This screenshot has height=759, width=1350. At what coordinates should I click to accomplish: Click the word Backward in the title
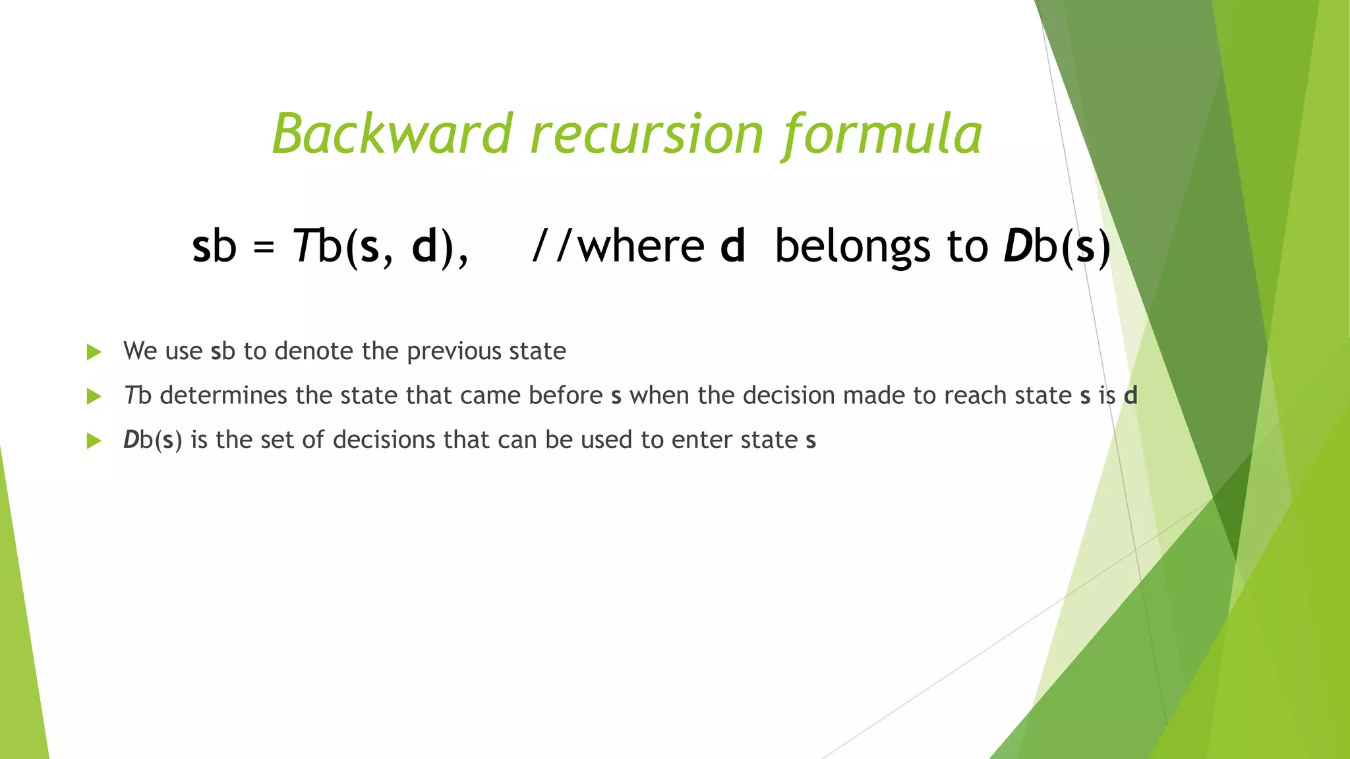pos(393,134)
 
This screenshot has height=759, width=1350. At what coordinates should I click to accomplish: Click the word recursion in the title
pos(647,134)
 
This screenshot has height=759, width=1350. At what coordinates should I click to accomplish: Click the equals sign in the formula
pos(264,248)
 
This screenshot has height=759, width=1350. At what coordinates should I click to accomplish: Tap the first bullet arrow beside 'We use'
pos(94,352)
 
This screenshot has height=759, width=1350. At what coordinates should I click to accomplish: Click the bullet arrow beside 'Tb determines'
pos(94,396)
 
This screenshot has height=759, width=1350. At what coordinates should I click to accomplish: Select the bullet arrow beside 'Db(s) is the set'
pos(94,440)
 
